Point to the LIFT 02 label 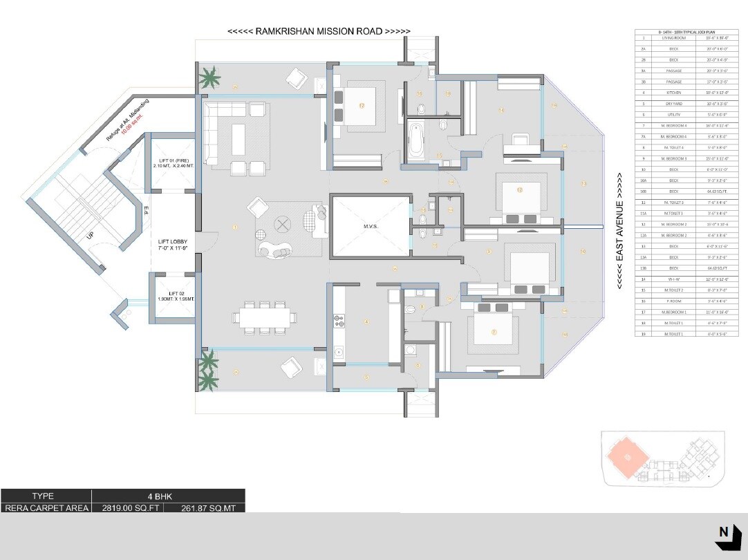173,297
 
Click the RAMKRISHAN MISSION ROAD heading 319,32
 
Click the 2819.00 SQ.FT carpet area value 127,507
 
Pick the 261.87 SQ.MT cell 204,507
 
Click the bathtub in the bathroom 417,142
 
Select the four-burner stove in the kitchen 339,320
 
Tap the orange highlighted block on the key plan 626,456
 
